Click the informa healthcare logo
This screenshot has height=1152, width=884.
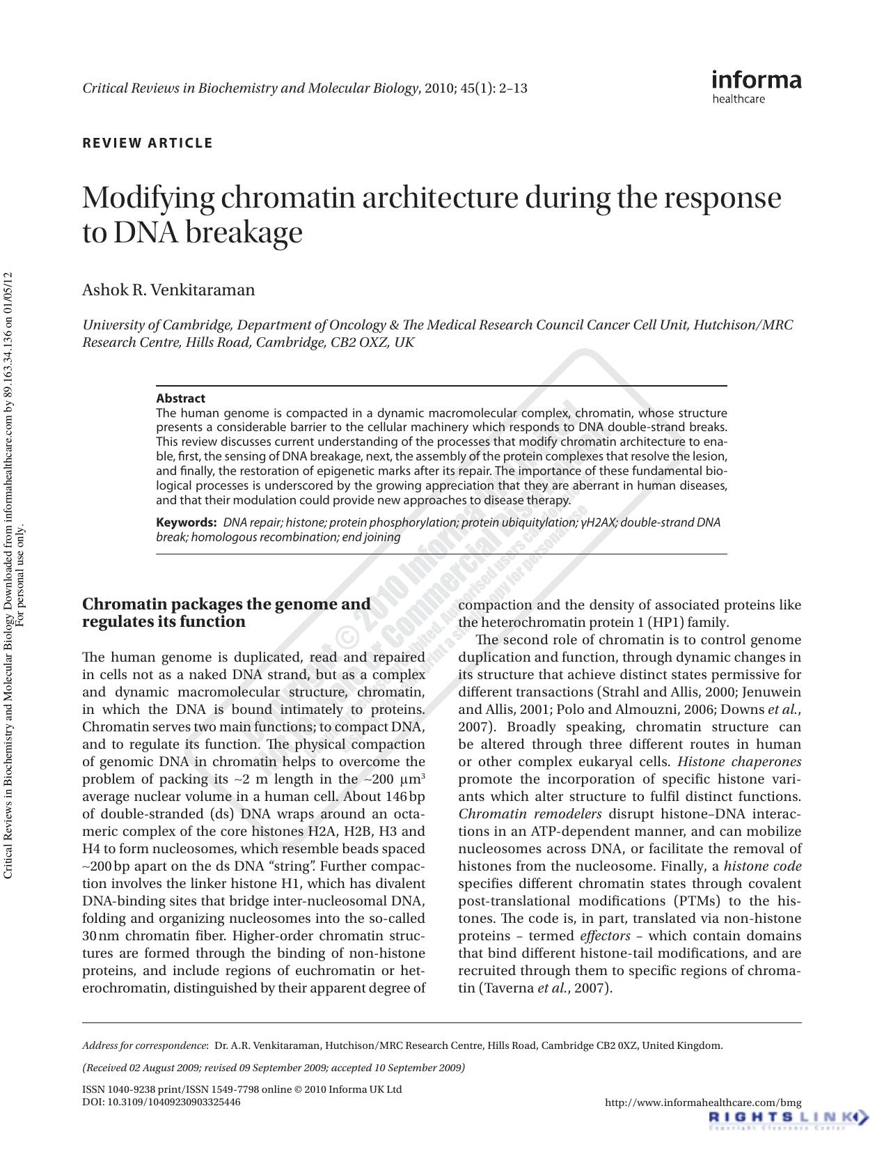756,86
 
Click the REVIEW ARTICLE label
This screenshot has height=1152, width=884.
148,143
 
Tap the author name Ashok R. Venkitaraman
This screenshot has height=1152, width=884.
168,290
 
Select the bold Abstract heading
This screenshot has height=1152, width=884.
180,398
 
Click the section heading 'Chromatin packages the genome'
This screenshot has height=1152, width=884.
226,604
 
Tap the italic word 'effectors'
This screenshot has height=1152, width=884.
605,936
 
